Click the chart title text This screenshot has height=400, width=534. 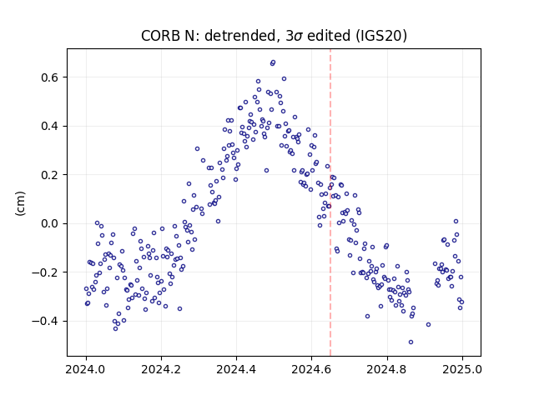point(274,36)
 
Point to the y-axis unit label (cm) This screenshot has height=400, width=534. point(20,203)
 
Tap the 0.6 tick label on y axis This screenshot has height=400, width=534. point(50,77)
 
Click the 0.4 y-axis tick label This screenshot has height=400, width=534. point(50,126)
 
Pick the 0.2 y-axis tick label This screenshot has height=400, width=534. point(50,175)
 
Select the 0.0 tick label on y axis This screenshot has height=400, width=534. point(50,224)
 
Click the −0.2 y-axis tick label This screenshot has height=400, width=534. point(45,272)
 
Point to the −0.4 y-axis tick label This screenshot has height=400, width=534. point(45,321)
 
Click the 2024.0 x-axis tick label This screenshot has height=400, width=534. point(86,369)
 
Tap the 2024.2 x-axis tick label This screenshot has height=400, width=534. point(161,369)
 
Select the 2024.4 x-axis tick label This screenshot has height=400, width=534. point(236,369)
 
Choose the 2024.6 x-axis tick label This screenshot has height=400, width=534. point(311,369)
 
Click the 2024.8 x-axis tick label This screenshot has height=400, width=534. point(386,369)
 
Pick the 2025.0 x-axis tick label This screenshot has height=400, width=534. point(461,369)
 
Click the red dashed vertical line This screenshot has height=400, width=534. point(330,202)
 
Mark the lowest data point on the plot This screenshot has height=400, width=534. point(411,342)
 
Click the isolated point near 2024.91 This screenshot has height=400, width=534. point(428,324)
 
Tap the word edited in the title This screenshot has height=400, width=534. point(329,36)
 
